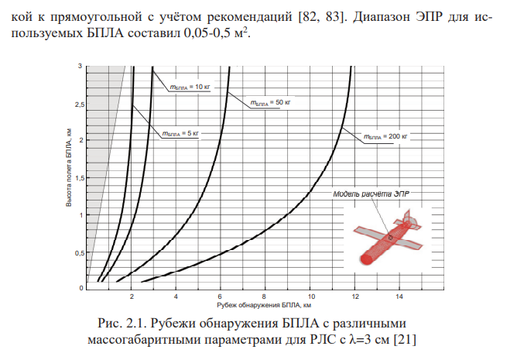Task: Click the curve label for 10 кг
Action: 190,87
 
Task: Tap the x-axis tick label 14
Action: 399,297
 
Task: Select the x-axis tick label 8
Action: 265,297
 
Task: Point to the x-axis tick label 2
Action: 132,297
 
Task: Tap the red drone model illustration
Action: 384,239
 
